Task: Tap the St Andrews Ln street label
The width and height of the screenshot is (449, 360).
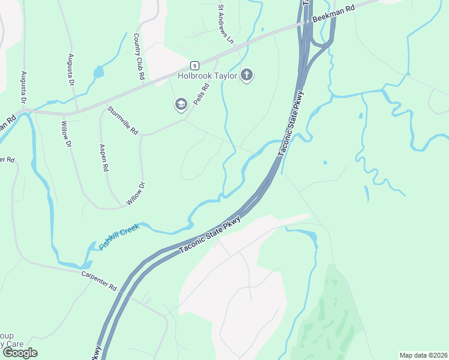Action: pyautogui.click(x=225, y=25)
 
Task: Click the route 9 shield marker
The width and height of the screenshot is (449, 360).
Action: pyautogui.click(x=194, y=65)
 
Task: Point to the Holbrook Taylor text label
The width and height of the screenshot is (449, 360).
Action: pyautogui.click(x=207, y=76)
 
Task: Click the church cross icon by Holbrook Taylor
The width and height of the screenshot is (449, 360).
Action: pyautogui.click(x=246, y=76)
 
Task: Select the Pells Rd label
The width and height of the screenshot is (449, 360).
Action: pyautogui.click(x=202, y=94)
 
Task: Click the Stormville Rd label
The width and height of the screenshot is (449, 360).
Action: pyautogui.click(x=122, y=120)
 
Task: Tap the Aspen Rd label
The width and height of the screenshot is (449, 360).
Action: pyautogui.click(x=103, y=158)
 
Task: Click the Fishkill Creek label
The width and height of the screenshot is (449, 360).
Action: pyautogui.click(x=119, y=236)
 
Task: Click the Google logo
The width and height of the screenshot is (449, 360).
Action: pyautogui.click(x=19, y=353)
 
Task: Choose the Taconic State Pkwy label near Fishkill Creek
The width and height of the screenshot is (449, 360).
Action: pyautogui.click(x=210, y=234)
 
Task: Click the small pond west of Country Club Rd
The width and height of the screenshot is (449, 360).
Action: pyautogui.click(x=98, y=73)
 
